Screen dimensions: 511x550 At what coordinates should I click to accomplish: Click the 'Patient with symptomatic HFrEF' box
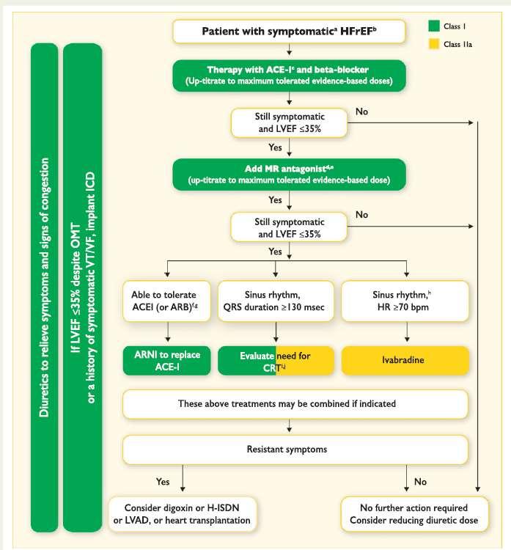point(289,32)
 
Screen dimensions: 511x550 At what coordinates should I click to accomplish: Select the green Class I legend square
point(434,26)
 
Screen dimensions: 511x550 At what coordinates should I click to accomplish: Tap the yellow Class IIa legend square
point(434,44)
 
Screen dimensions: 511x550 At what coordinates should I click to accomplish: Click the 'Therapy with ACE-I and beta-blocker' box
point(289,76)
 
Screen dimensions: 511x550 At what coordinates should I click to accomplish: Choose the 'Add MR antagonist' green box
point(289,175)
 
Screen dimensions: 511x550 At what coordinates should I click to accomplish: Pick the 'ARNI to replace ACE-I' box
point(167,361)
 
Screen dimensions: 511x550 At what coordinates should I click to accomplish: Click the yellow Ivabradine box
point(405,360)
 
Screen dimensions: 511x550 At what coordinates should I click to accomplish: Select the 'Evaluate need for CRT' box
point(276,361)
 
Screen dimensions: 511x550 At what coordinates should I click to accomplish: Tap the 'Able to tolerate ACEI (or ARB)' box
point(167,301)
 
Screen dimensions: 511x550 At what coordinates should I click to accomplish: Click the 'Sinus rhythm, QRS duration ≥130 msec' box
point(276,301)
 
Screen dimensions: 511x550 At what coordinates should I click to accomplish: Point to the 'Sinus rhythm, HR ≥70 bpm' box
point(405,301)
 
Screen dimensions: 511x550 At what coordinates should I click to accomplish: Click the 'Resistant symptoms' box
point(295,450)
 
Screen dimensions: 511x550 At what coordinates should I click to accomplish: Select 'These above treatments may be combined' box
point(295,404)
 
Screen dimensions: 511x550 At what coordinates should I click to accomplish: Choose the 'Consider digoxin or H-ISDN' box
point(183,514)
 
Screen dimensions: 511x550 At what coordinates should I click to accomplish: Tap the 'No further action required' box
point(414,514)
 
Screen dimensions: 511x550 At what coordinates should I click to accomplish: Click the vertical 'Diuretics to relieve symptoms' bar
point(45,287)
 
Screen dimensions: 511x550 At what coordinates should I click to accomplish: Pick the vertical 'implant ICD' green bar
point(83,287)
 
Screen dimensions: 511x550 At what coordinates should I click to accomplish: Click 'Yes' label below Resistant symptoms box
point(163,482)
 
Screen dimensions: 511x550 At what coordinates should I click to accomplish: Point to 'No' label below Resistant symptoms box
point(420,482)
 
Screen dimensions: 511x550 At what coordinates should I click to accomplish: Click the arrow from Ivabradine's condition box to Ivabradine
point(407,331)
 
